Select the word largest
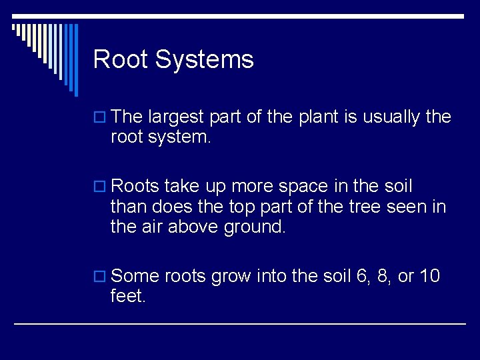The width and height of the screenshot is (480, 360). [176, 117]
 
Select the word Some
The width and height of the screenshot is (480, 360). [135, 276]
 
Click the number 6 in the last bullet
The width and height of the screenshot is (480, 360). [363, 277]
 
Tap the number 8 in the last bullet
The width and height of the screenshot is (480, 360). [384, 277]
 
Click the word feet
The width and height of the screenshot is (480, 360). [127, 296]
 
